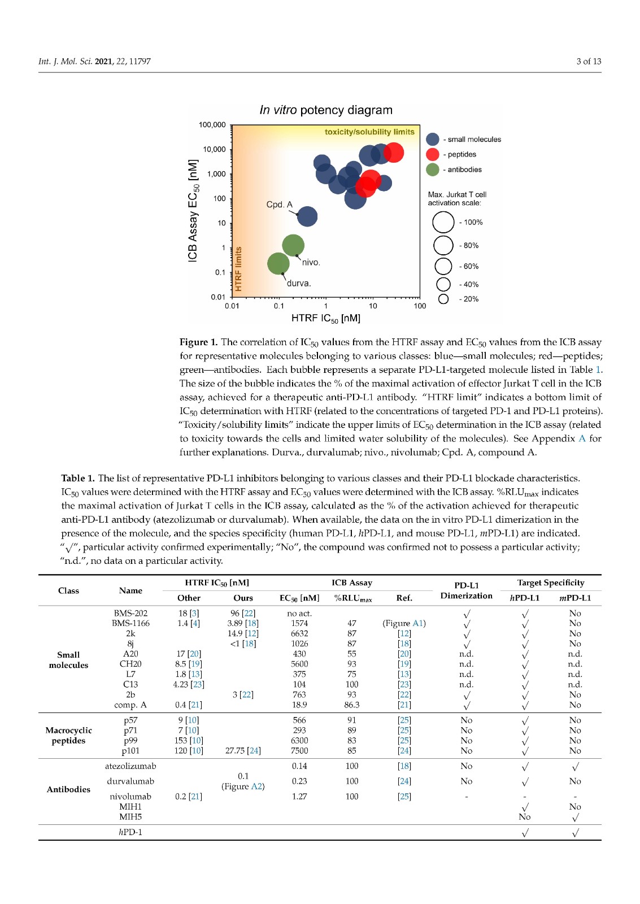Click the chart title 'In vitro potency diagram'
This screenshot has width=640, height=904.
click(x=326, y=110)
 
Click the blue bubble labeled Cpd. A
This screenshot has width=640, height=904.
click(x=307, y=216)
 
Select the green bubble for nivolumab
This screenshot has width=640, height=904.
click(x=293, y=245)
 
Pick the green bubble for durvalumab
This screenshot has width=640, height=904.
click(x=278, y=263)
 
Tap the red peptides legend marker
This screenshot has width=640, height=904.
click(x=433, y=154)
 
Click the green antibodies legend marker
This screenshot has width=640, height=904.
click(x=433, y=169)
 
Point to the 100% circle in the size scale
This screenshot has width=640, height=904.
click(x=443, y=222)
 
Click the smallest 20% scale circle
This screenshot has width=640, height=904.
click(x=443, y=299)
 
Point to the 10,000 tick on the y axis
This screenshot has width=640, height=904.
click(x=215, y=149)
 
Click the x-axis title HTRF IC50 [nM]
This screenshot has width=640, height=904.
click(x=326, y=319)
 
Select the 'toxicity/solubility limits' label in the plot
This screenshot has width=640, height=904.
click(x=369, y=132)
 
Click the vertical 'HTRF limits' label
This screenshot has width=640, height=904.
click(x=238, y=269)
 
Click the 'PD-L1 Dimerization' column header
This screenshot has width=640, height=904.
click(x=466, y=590)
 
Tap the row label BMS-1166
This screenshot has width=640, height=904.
click(x=130, y=623)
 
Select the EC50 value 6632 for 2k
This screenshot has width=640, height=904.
click(x=299, y=633)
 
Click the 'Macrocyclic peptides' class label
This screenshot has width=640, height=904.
click(x=68, y=735)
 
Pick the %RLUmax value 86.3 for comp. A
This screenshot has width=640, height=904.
click(x=351, y=705)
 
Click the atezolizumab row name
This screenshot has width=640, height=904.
click(x=130, y=766)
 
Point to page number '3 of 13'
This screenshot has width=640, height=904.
click(x=589, y=61)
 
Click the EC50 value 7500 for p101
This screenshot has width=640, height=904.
click(x=299, y=750)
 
